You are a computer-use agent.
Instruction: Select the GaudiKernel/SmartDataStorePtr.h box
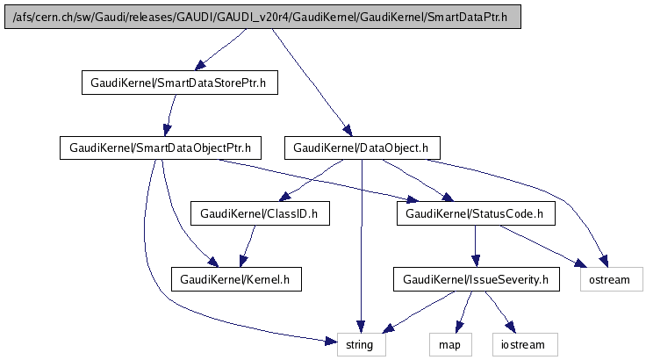coord(179,83)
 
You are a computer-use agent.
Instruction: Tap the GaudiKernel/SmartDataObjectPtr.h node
coord(155,148)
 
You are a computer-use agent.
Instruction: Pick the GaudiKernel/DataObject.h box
coord(362,148)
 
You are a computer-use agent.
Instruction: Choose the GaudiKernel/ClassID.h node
coord(260,213)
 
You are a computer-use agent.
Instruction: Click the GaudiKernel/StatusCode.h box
coord(476,213)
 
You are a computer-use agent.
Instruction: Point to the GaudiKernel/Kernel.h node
coord(236,279)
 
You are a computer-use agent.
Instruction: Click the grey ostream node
coord(611,279)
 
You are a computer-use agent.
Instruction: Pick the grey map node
coord(449,344)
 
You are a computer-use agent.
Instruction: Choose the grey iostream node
coord(524,344)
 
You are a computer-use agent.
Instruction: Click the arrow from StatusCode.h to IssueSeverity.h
coord(476,246)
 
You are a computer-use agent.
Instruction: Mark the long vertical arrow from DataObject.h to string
coord(362,246)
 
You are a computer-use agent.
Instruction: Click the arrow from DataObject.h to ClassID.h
coord(312,181)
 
